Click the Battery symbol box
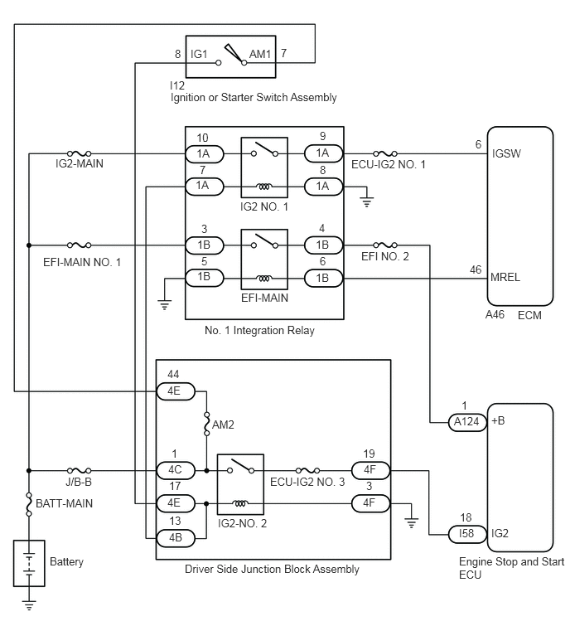click(29, 563)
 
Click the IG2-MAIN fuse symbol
click(79, 153)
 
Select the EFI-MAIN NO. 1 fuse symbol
click(79, 245)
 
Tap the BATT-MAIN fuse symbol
click(29, 504)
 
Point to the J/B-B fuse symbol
click(79, 471)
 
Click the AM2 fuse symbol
click(206, 425)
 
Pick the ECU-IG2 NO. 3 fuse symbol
click(307, 471)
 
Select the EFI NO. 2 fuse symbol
click(385, 245)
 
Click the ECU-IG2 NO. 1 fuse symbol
click(385, 153)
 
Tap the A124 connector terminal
click(466, 422)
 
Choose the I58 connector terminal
click(466, 534)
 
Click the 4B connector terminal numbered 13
click(176, 538)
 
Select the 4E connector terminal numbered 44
click(176, 391)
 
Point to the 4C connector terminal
click(176, 470)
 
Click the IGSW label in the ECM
click(506, 153)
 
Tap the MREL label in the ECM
click(505, 278)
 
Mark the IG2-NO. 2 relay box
click(240, 484)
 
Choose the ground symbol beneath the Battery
click(29, 605)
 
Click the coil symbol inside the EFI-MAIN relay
click(264, 279)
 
